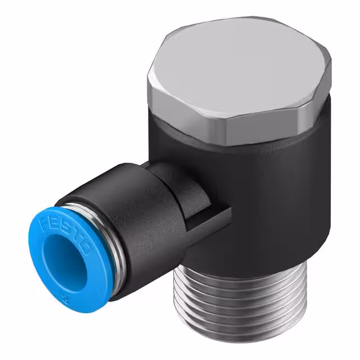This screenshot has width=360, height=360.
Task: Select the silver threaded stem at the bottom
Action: click(x=236, y=304)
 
